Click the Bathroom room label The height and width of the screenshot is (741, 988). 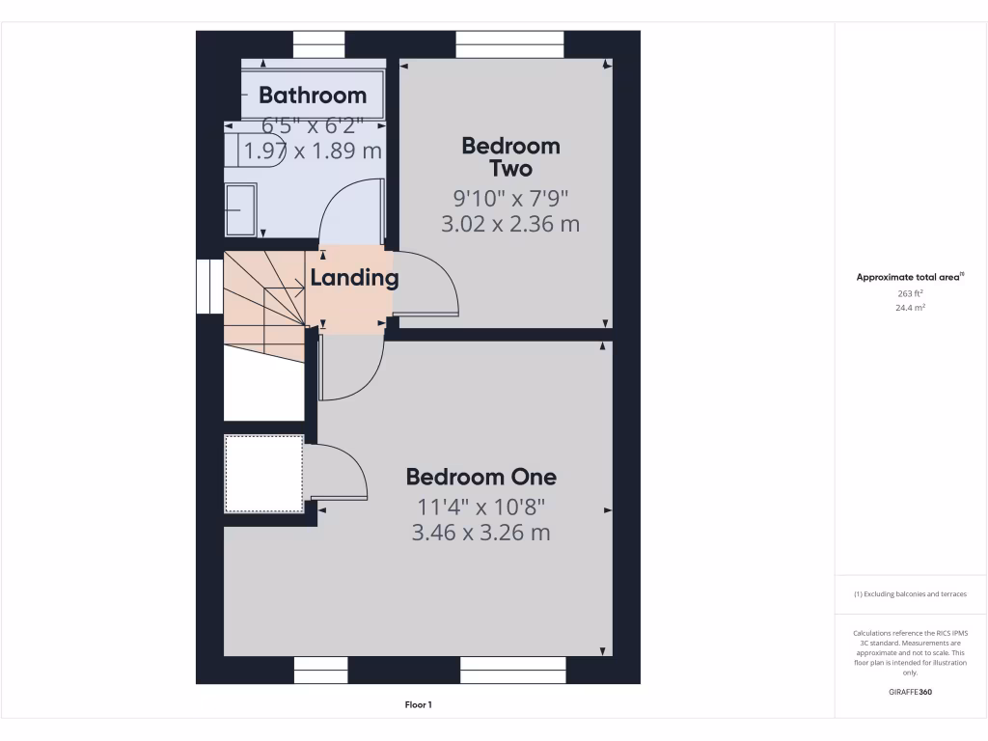(313, 96)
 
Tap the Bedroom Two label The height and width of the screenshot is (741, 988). (510, 157)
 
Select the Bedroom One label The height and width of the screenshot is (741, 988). (480, 477)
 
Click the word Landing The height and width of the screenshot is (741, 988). (354, 279)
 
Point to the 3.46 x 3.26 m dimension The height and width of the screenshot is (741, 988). (480, 532)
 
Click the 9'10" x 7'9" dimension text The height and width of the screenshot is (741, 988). (510, 199)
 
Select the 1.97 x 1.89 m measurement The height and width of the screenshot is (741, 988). (313, 151)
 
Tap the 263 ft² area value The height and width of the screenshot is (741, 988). (911, 293)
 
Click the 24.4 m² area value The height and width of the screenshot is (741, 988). (911, 308)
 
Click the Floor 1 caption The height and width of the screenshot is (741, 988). (418, 705)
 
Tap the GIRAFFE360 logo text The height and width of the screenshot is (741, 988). (910, 692)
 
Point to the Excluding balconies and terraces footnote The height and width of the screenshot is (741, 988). (910, 594)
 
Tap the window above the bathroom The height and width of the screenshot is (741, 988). (318, 44)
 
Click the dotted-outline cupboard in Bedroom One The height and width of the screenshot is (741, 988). (263, 474)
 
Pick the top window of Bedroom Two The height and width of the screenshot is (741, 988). (509, 44)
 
